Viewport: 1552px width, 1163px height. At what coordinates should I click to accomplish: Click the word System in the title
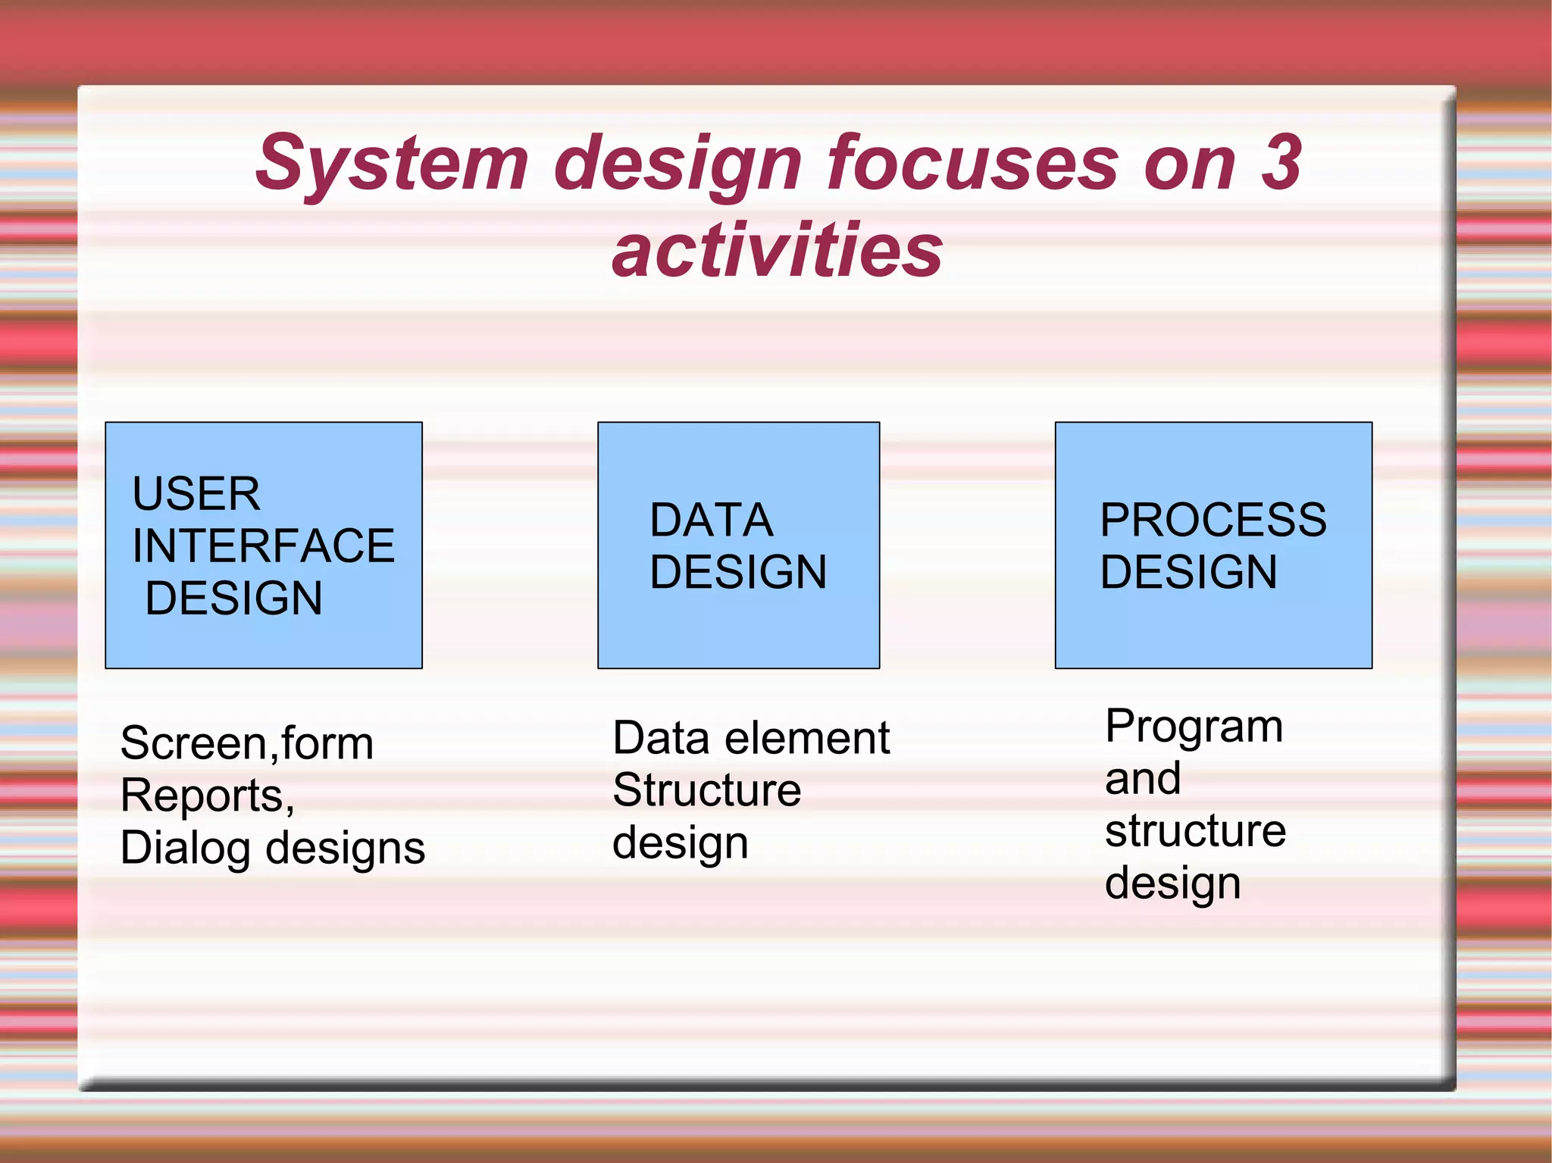click(392, 164)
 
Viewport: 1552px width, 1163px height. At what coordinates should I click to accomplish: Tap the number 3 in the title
click(1281, 162)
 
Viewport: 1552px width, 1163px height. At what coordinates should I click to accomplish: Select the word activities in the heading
click(777, 250)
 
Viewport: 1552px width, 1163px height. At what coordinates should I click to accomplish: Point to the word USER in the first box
click(196, 494)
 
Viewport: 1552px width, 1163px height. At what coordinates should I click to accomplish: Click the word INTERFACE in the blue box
click(263, 546)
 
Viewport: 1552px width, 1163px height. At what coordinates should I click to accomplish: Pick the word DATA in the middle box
click(711, 521)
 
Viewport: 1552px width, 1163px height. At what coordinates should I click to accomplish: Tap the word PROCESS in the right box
click(1212, 521)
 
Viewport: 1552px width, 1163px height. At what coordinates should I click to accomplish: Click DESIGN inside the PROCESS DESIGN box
click(1188, 572)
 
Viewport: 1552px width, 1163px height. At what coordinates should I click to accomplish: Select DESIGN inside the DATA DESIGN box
click(738, 572)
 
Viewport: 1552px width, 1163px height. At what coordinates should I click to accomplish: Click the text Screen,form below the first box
click(247, 743)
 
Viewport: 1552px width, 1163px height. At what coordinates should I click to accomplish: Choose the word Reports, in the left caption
click(207, 796)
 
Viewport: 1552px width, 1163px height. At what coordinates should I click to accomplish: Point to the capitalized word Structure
click(706, 790)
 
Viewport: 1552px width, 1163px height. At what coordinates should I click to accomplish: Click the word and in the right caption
click(1142, 778)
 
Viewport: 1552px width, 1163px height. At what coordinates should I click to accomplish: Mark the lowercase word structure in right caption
click(1195, 830)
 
